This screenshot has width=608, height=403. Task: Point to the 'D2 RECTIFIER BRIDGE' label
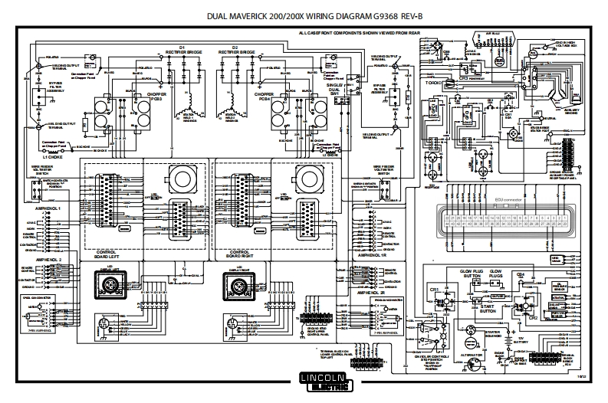pos(234,50)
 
